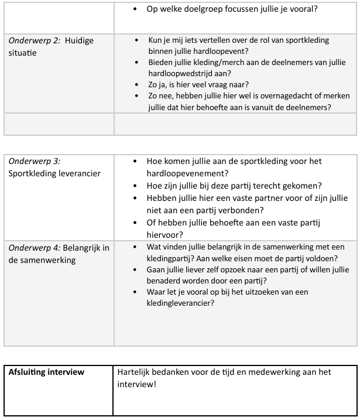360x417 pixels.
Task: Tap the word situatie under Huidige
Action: tap(22, 53)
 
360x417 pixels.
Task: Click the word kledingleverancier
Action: tap(179, 303)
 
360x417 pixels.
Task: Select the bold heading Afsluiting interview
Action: tap(47, 372)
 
